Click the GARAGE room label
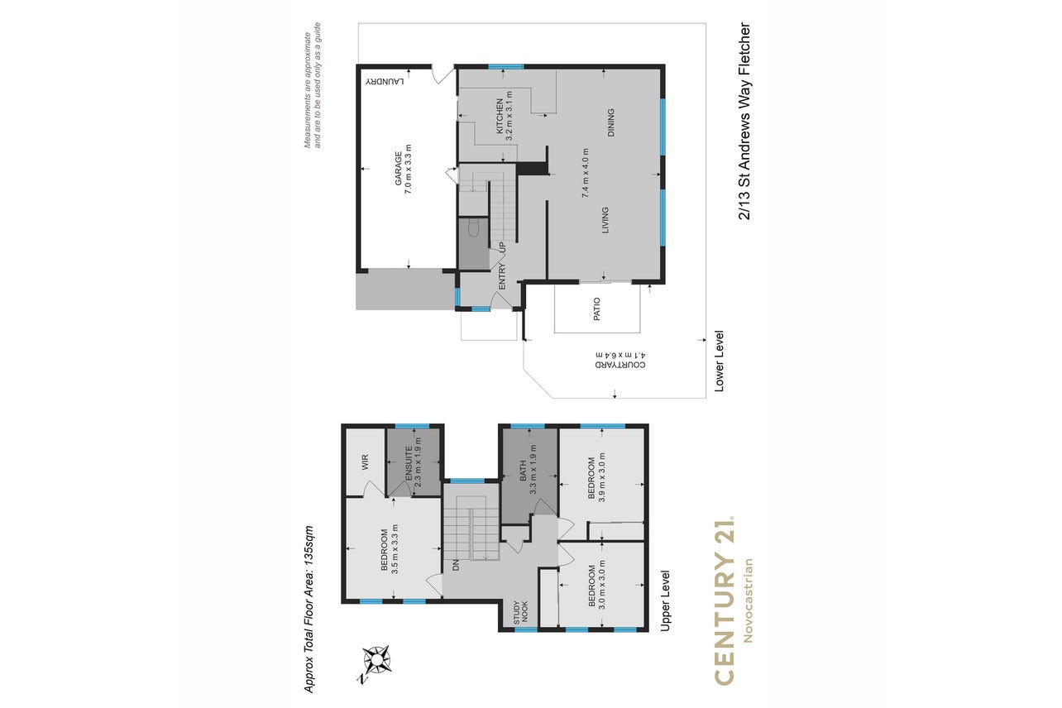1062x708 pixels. pos(399,169)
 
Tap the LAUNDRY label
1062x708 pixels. pos(385,81)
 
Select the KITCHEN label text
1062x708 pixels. pos(500,116)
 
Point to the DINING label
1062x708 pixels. pos(610,122)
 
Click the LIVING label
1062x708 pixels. pos(605,220)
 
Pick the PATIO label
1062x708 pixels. pos(597,309)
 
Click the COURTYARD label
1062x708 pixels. pos(620,365)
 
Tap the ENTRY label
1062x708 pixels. pos(503,276)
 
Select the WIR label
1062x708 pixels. pos(365,462)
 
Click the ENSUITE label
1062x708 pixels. pos(409,462)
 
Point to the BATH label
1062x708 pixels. pos(524,471)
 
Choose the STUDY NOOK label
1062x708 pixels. pos(520,612)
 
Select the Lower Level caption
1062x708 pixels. pos(720,361)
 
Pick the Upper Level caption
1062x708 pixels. pos(666,600)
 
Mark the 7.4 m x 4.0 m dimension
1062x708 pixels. pos(586,173)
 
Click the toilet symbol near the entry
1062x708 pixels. pos(473,227)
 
